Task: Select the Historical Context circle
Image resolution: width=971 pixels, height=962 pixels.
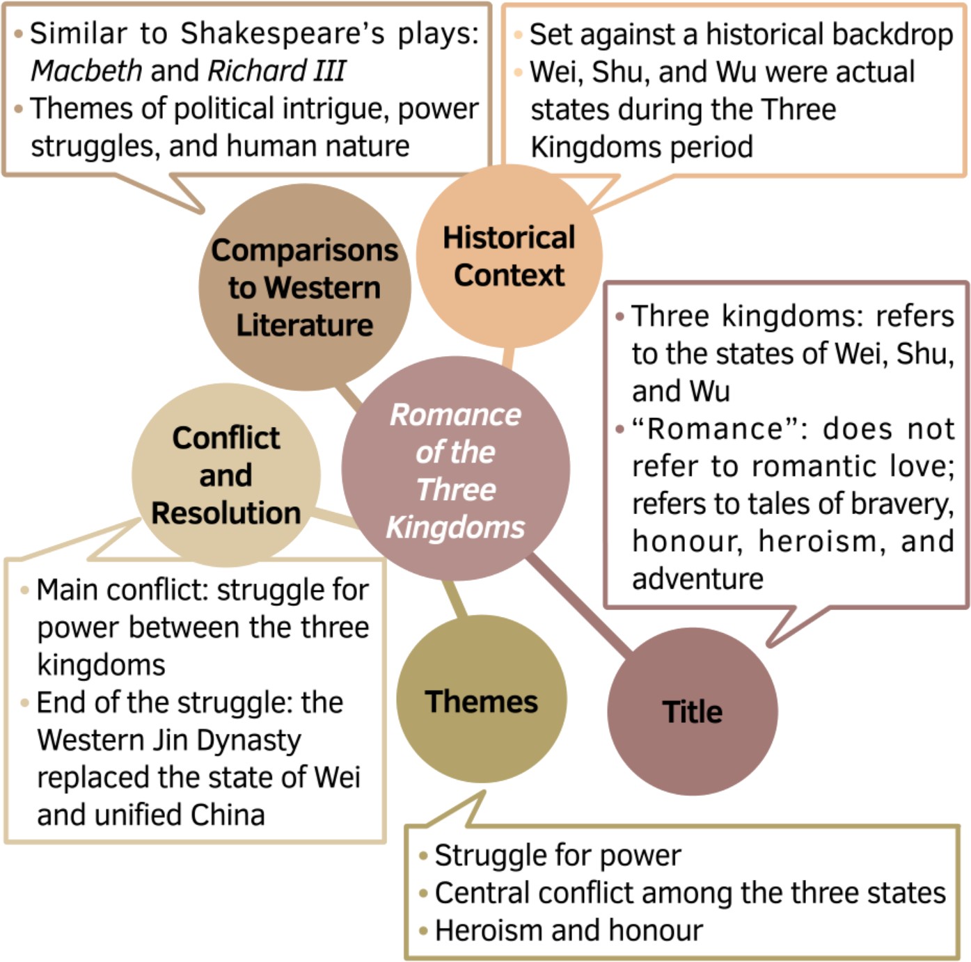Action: coord(509,256)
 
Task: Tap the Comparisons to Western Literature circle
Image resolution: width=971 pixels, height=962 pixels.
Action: coord(304,287)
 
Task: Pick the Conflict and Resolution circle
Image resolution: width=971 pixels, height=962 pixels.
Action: coord(226,476)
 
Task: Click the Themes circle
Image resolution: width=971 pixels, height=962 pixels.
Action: coord(482,700)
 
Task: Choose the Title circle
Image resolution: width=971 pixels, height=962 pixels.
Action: coord(692,712)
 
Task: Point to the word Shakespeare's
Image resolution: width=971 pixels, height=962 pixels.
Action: coord(283,33)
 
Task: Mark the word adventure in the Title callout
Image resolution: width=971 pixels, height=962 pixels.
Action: coord(697,579)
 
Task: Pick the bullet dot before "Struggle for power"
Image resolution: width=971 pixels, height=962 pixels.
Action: coord(423,856)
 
